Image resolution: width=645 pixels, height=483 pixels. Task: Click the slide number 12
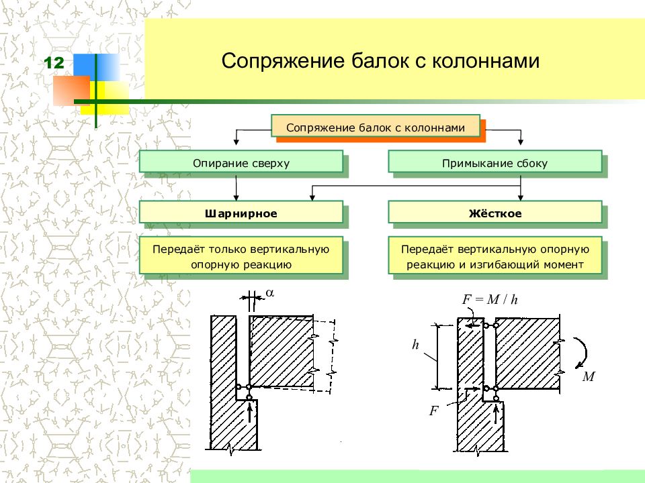(x=54, y=63)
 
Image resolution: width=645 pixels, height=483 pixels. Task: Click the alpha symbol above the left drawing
(x=270, y=293)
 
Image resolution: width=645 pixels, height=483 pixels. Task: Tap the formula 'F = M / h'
(x=490, y=299)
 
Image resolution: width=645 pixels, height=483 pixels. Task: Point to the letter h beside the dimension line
(x=415, y=344)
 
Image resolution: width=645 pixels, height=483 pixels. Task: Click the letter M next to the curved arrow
(x=589, y=376)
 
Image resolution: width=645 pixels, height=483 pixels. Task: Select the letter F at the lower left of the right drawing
(x=433, y=411)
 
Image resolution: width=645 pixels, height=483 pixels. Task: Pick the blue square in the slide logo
(x=97, y=67)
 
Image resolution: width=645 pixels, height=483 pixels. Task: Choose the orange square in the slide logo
(x=71, y=91)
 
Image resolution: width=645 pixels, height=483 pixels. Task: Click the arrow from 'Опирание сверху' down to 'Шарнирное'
(x=236, y=188)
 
